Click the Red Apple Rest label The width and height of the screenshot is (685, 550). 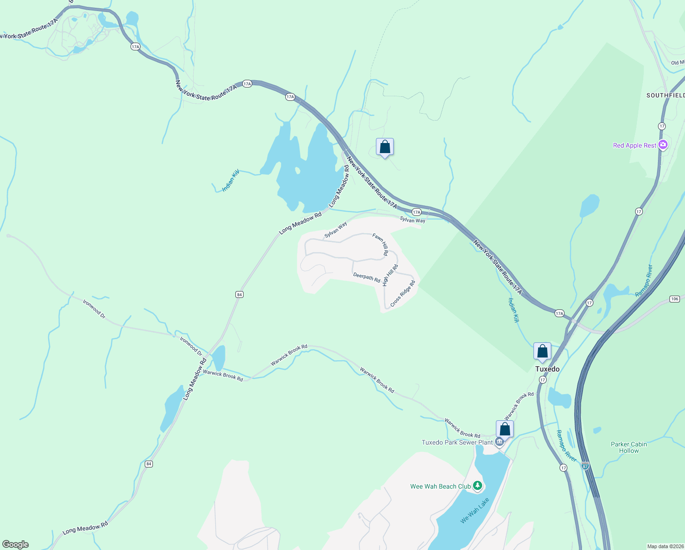635,145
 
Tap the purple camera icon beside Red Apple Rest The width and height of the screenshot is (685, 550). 663,145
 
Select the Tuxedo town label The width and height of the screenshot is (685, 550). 547,369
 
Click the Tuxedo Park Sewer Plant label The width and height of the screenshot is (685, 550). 457,442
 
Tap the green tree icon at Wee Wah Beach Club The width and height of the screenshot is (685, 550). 478,485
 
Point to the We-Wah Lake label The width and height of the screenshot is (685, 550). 474,511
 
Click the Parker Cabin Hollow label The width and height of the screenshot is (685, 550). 629,447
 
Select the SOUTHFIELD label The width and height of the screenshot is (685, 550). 665,95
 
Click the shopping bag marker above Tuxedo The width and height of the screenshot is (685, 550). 542,352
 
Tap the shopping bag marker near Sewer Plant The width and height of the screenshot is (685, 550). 505,429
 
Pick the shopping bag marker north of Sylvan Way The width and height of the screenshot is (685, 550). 385,147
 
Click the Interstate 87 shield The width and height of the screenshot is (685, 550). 585,466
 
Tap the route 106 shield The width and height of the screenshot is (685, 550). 674,299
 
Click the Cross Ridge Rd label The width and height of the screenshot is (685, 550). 402,294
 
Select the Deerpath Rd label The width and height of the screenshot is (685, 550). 367,278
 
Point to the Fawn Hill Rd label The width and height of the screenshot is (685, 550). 381,244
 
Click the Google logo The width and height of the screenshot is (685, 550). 16,544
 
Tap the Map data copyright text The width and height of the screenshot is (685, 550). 665,546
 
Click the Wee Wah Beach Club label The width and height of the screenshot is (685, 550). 440,486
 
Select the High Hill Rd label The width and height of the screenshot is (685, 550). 391,275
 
